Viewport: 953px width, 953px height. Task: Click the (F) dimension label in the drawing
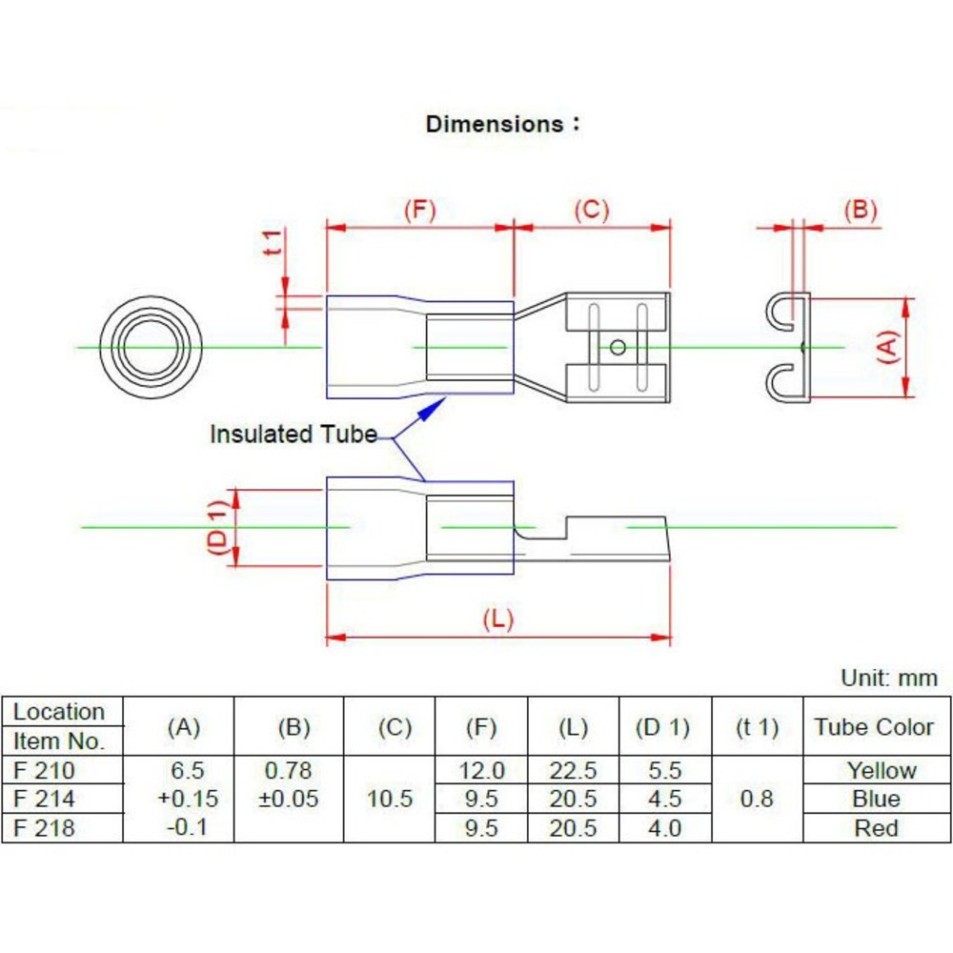pyautogui.click(x=419, y=211)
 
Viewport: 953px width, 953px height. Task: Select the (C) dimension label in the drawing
pyautogui.click(x=591, y=211)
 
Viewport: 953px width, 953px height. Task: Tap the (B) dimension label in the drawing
pyautogui.click(x=860, y=211)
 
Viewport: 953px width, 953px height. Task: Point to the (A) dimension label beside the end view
pyautogui.click(x=886, y=347)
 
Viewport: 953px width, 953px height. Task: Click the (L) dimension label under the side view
pyautogui.click(x=497, y=619)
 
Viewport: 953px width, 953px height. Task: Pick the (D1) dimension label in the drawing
pyautogui.click(x=218, y=527)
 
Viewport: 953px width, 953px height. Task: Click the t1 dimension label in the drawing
pyautogui.click(x=274, y=242)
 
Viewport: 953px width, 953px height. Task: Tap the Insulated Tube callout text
pyautogui.click(x=294, y=435)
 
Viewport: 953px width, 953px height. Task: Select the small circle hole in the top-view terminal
pyautogui.click(x=618, y=347)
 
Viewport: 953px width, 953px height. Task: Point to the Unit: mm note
pyautogui.click(x=888, y=679)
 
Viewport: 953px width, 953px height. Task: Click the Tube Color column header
pyautogui.click(x=874, y=727)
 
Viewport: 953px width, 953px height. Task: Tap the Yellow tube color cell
pyautogui.click(x=882, y=770)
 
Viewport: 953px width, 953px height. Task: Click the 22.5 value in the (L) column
pyautogui.click(x=573, y=770)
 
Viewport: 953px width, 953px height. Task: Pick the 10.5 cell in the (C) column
pyautogui.click(x=390, y=799)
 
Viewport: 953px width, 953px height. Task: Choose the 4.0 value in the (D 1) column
pyautogui.click(x=664, y=828)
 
